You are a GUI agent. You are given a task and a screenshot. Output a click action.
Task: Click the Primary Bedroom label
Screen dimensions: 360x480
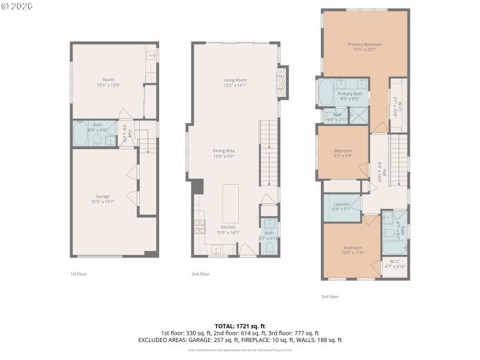click(x=364, y=44)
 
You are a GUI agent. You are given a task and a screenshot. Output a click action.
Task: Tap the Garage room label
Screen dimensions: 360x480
click(x=103, y=196)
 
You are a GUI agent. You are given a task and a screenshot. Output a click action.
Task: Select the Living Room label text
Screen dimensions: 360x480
click(x=235, y=80)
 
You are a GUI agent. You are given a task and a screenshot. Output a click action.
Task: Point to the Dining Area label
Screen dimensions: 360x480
click(x=223, y=151)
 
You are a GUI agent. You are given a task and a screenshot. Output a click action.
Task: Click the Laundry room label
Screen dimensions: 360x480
click(x=341, y=205)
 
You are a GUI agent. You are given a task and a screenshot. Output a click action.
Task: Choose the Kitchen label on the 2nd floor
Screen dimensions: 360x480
click(x=228, y=227)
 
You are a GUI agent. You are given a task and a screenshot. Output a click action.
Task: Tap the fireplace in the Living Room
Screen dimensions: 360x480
click(x=281, y=82)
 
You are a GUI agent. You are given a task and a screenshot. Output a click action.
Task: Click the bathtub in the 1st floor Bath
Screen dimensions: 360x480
click(x=81, y=133)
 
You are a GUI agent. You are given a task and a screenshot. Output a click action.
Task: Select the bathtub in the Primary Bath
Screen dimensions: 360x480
click(x=325, y=93)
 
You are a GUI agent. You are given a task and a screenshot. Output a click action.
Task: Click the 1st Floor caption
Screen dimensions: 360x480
click(x=79, y=274)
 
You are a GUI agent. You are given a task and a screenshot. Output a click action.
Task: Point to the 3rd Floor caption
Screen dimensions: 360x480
click(x=330, y=296)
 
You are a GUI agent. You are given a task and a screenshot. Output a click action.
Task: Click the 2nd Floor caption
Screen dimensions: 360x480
click(x=200, y=274)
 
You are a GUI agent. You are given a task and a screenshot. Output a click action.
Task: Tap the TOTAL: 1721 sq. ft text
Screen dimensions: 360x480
click(x=239, y=326)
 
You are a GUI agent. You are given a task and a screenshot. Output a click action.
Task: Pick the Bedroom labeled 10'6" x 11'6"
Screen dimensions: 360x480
click(x=352, y=248)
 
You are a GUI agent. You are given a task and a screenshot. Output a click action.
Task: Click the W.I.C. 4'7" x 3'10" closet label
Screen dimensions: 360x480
click(x=394, y=263)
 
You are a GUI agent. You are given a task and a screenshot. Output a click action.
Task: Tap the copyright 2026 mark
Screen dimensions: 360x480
click(x=17, y=6)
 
